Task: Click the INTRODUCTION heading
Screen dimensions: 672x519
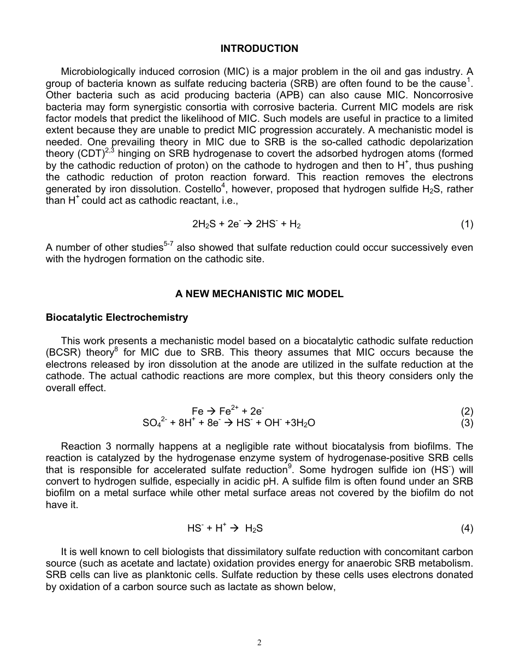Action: click(x=259, y=49)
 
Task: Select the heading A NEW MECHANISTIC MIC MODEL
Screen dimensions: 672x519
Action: click(x=259, y=294)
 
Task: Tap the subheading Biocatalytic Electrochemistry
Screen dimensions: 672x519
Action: click(x=116, y=317)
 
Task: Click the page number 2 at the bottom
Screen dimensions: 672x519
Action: click(x=259, y=642)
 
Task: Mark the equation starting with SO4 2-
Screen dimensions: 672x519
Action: click(x=229, y=423)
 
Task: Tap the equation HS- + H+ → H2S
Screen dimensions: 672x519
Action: click(x=225, y=528)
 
